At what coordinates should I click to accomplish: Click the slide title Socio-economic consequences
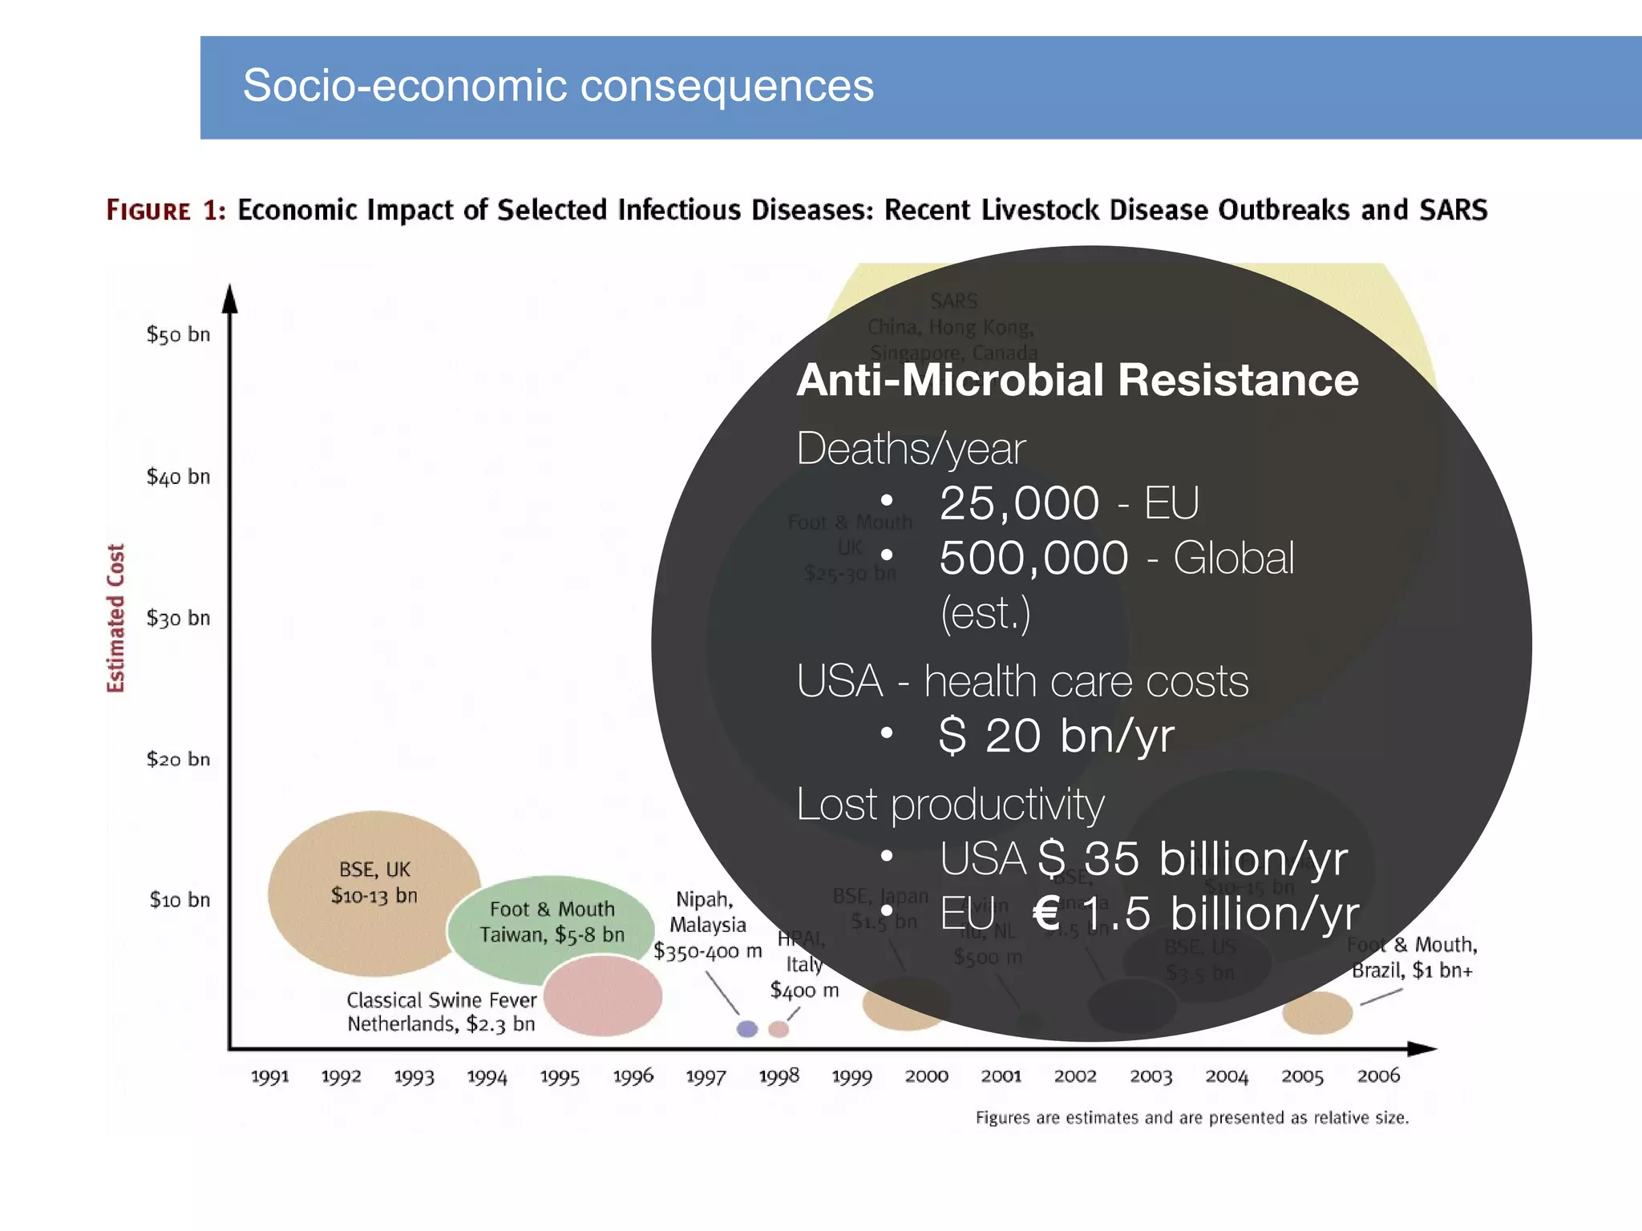pos(558,86)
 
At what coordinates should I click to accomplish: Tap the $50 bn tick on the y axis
pos(178,334)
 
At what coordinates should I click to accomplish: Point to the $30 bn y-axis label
pos(178,618)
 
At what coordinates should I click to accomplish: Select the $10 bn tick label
pos(180,900)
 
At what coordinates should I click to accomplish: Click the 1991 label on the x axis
pos(269,1076)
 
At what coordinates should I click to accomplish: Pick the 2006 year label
pos(1378,1076)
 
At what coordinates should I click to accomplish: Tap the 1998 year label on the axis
pos(779,1076)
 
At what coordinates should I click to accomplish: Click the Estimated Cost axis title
pos(116,617)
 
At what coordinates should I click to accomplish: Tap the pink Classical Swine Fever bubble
pos(603,996)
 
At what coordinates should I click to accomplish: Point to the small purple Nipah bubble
pos(747,1028)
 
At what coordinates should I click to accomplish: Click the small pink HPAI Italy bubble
pos(779,1029)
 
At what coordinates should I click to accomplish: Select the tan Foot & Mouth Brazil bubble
pos(1317,1012)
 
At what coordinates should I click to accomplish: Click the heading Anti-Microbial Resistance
pos(1077,380)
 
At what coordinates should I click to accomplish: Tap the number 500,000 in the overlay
pos(1033,558)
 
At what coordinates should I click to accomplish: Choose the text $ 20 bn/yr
pos(1056,735)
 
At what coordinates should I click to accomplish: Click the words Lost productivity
pos(950,804)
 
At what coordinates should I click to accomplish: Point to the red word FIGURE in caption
pos(149,211)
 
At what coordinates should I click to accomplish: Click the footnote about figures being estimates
pos(1191,1117)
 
